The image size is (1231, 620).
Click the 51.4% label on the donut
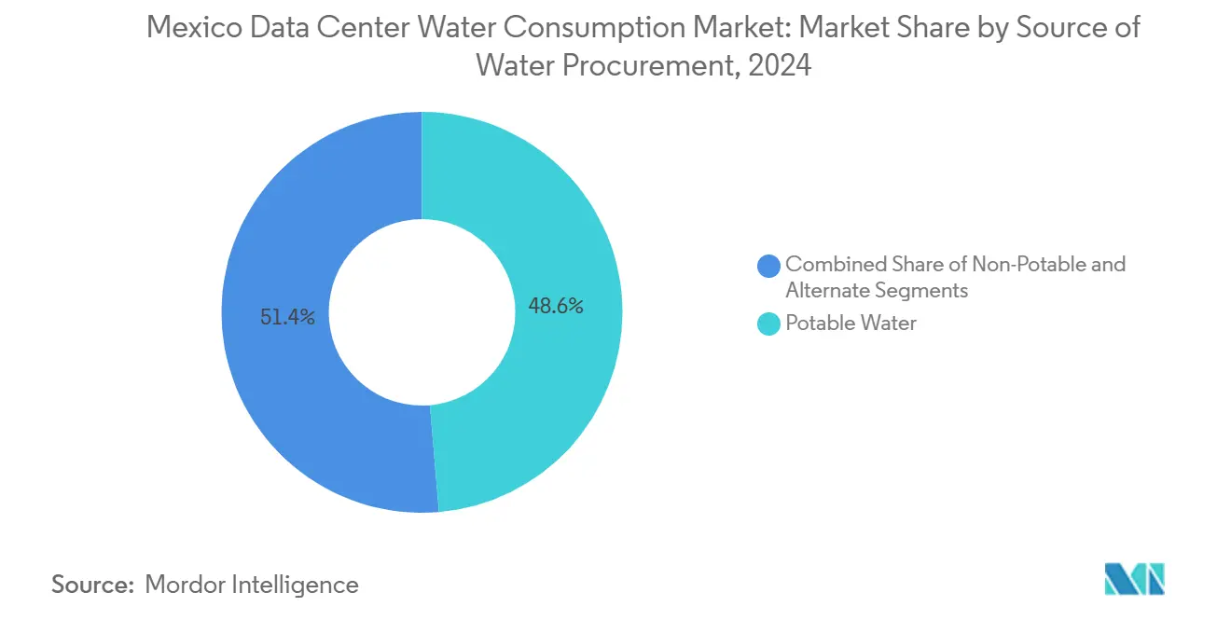click(x=288, y=318)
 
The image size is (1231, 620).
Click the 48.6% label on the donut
click(x=556, y=306)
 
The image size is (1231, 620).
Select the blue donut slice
click(x=280, y=392)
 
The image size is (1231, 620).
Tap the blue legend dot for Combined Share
click(x=769, y=266)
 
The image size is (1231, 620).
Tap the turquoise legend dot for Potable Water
click(x=769, y=324)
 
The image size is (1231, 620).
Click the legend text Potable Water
click(x=851, y=324)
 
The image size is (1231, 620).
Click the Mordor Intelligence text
click(x=252, y=585)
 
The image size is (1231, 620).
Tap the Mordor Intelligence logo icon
click(x=1134, y=579)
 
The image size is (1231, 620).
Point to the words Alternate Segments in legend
click(x=877, y=291)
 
